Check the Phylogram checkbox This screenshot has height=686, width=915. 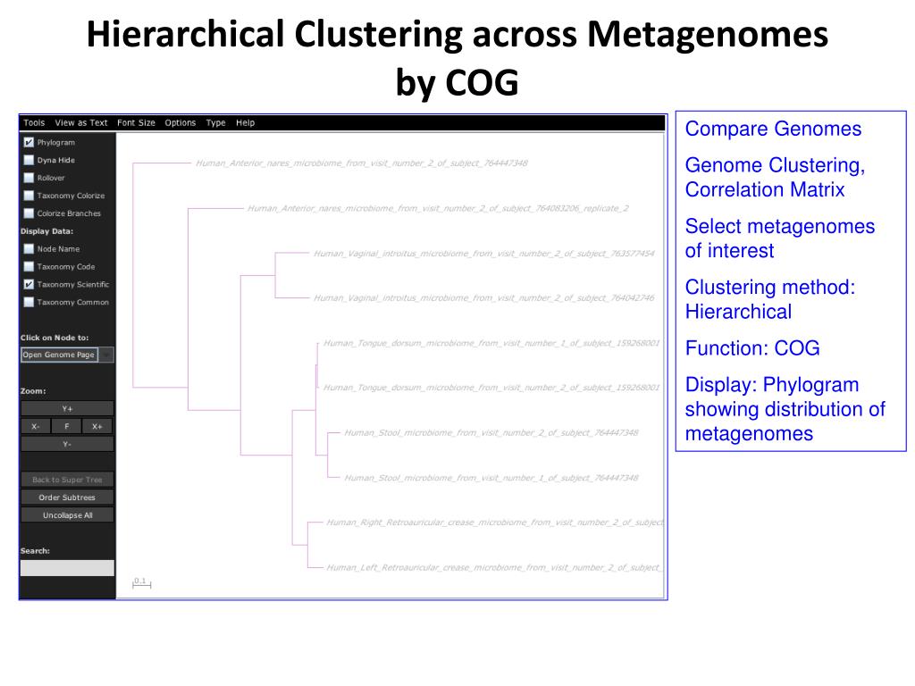(x=29, y=142)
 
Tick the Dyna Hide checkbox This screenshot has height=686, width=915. (x=29, y=160)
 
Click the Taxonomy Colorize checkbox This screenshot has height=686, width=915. (x=29, y=196)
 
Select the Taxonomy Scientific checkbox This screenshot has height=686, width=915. (x=29, y=284)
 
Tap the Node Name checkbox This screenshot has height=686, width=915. (x=29, y=249)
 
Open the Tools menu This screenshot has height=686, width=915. (x=34, y=123)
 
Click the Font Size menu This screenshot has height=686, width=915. (x=136, y=123)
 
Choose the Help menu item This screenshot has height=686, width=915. (x=245, y=123)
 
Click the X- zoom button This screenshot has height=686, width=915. (x=35, y=426)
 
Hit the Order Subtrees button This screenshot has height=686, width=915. (x=67, y=498)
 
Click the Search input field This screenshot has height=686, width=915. (x=67, y=567)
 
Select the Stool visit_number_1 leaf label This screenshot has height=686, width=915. (x=491, y=478)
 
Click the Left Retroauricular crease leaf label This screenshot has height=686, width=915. (x=493, y=567)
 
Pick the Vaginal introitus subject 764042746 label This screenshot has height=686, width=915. (x=483, y=297)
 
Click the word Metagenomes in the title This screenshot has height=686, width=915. (x=707, y=35)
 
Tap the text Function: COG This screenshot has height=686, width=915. (x=751, y=348)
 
